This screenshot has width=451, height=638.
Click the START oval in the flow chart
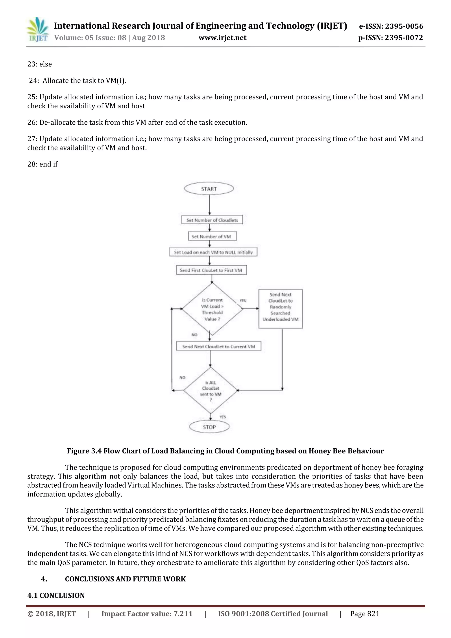(x=209, y=189)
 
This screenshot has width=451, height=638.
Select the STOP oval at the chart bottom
(x=209, y=427)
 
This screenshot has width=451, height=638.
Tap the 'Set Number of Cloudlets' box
(x=212, y=220)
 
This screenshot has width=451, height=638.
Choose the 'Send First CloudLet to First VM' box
(x=211, y=270)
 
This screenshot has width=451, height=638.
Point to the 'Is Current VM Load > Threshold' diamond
(x=212, y=309)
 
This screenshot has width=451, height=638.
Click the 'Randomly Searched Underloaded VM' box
(x=280, y=309)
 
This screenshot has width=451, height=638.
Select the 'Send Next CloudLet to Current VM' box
(x=218, y=346)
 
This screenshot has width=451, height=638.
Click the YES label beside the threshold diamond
(x=243, y=301)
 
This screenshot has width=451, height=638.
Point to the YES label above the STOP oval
(x=223, y=417)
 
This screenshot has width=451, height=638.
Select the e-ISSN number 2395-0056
(x=404, y=26)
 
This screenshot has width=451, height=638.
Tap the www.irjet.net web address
(x=222, y=38)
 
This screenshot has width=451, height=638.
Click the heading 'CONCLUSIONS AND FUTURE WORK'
(x=125, y=579)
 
